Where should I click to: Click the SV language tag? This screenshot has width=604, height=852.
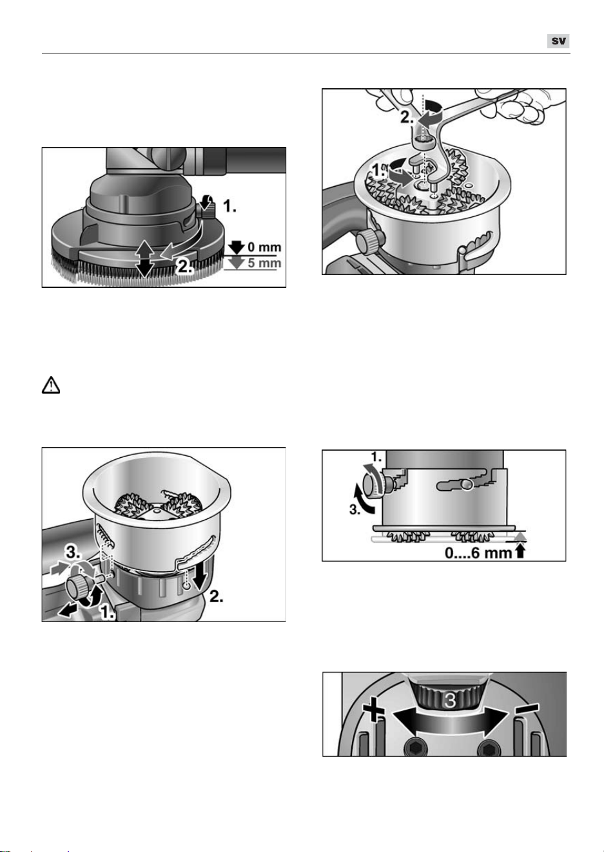pos(558,41)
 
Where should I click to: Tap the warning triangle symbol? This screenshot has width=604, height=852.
pos(51,385)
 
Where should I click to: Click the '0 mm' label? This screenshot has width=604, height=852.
pos(264,247)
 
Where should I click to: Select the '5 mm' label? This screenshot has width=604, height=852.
pos(264,263)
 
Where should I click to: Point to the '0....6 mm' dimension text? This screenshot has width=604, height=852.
pos(478,553)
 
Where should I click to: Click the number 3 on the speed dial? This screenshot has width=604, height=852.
pos(450,700)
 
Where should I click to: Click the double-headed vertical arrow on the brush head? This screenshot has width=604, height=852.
pos(145,259)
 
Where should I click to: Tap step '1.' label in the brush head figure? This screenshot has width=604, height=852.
pos(229,207)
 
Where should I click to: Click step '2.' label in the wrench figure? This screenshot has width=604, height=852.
pos(407,117)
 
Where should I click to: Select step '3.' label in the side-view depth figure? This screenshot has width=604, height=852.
pos(356,510)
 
